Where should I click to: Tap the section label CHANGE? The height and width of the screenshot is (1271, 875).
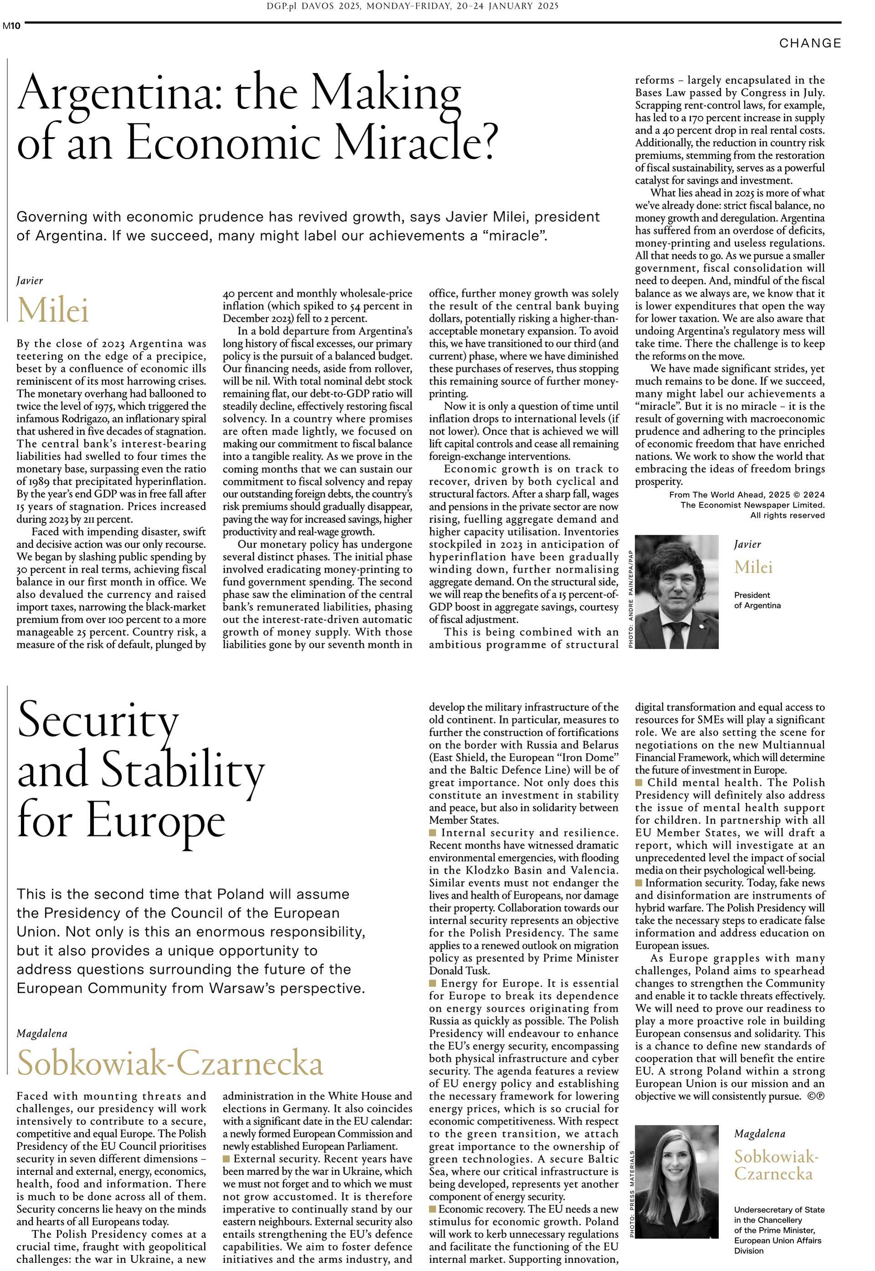click(x=810, y=43)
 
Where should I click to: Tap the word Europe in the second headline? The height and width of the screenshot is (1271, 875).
click(x=155, y=821)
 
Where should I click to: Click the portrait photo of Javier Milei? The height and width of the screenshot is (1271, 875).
click(x=676, y=592)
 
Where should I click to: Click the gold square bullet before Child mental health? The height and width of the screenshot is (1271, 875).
click(x=639, y=782)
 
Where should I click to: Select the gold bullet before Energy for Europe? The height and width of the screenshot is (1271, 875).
click(x=432, y=983)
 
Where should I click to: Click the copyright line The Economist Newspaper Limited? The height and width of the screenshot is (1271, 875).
click(x=752, y=505)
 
